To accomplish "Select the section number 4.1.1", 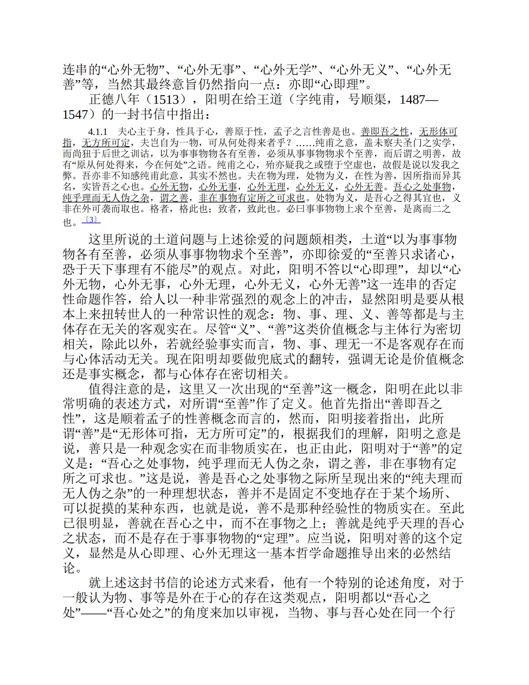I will [98, 131].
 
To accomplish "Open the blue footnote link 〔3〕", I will [91, 220].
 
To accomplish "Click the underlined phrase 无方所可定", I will [106, 143].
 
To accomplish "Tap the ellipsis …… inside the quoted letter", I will [305, 143].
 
